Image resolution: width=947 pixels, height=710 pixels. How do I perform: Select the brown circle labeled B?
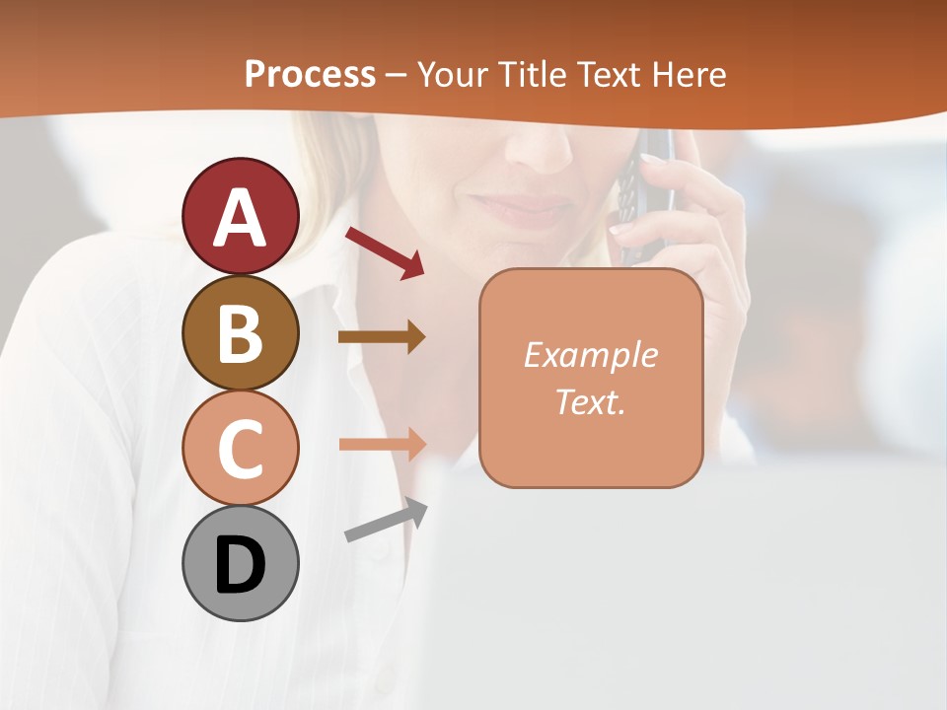pyautogui.click(x=240, y=332)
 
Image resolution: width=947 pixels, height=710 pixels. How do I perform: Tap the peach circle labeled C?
pyautogui.click(x=240, y=448)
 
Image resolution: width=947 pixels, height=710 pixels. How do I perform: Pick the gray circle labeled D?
pyautogui.click(x=240, y=563)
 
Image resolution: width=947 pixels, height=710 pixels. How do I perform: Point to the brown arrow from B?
pyautogui.click(x=382, y=337)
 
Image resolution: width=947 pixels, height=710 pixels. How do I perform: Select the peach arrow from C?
pyautogui.click(x=382, y=444)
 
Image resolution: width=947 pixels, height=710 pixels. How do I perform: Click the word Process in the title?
pyautogui.click(x=310, y=74)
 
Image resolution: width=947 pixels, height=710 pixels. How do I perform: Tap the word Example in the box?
pyautogui.click(x=590, y=355)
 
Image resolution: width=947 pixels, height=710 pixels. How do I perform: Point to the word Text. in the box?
pyautogui.click(x=590, y=401)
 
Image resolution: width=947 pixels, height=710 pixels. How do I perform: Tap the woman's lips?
pyautogui.click(x=518, y=208)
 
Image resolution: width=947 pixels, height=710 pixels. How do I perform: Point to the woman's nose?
pyautogui.click(x=538, y=148)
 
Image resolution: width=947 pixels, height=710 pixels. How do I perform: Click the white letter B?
pyautogui.click(x=240, y=332)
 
